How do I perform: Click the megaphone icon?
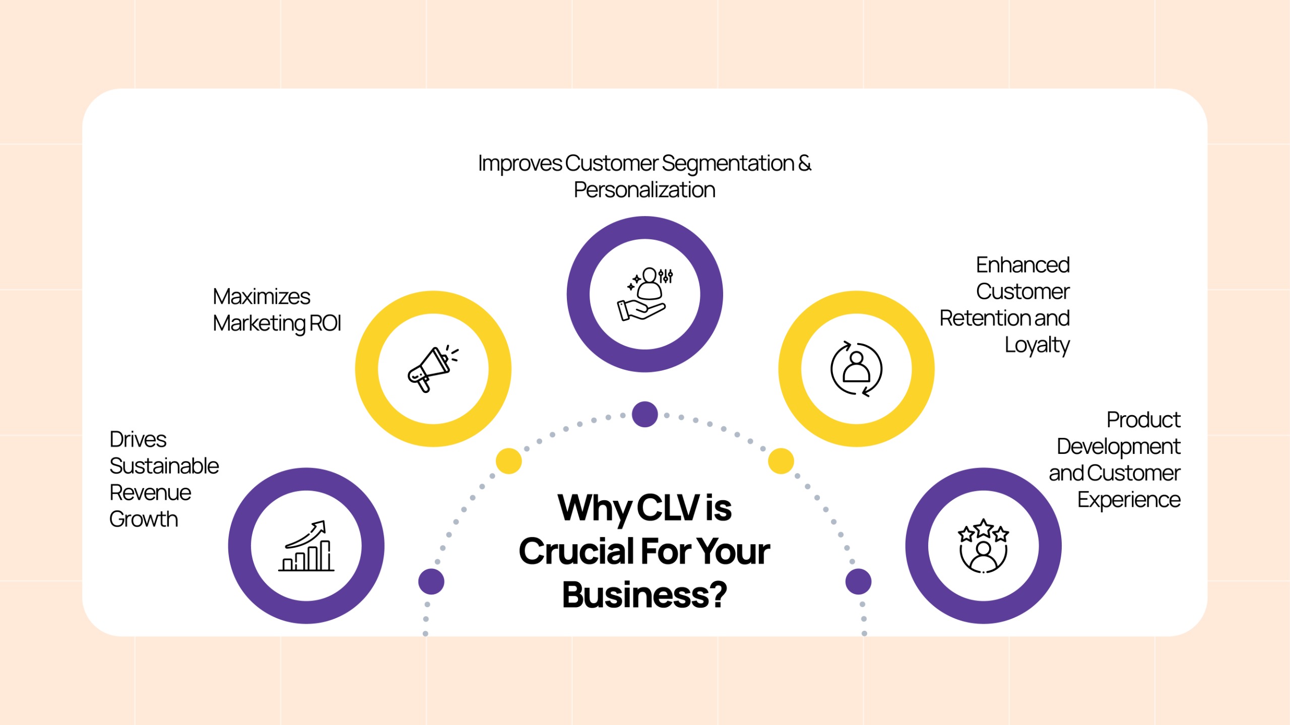coord(433,369)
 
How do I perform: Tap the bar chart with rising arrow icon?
coord(306,546)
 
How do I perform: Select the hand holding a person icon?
coord(644,294)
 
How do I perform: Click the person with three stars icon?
coord(983,546)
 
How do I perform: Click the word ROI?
coord(325,323)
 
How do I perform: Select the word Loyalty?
coord(1037,346)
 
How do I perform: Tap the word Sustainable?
coord(164,466)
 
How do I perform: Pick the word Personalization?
coord(644,190)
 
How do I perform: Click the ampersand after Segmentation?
coord(805,163)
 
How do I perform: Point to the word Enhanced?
coord(1022,265)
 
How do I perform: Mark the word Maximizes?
coord(262,297)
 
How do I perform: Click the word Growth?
coord(144,519)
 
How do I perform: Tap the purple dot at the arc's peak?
coord(644,414)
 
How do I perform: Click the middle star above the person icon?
coord(984,528)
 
